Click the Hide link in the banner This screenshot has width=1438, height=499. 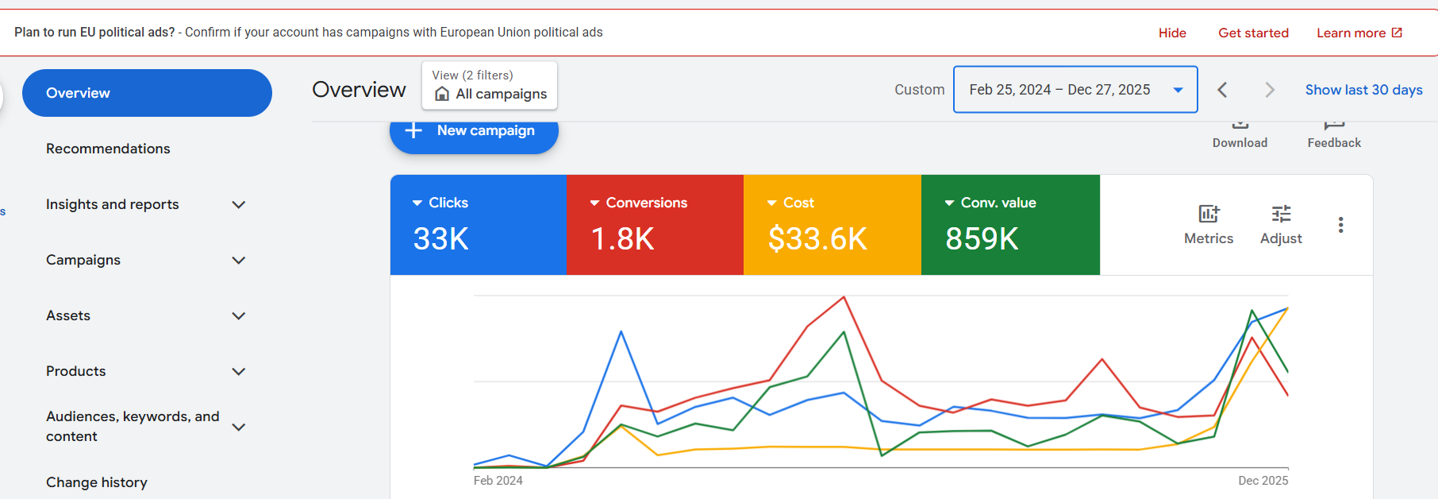(x=1172, y=33)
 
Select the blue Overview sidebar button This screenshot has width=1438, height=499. (x=147, y=93)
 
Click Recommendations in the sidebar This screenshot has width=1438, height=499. (x=108, y=149)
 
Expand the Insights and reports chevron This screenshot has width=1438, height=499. (x=238, y=205)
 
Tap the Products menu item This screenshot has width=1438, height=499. (x=76, y=371)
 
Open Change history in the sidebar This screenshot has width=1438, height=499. (x=97, y=482)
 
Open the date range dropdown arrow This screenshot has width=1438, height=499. (x=1178, y=90)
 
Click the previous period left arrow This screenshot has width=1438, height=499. (x=1222, y=90)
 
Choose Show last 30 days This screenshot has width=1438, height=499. (x=1363, y=90)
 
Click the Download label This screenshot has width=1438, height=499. (x=1240, y=143)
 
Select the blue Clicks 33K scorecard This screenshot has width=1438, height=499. (x=478, y=225)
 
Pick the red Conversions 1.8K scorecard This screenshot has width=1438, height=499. (x=655, y=225)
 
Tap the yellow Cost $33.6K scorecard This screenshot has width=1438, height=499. (x=832, y=225)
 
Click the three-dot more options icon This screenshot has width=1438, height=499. (x=1340, y=225)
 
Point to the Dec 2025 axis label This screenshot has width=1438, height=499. (x=1263, y=481)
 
